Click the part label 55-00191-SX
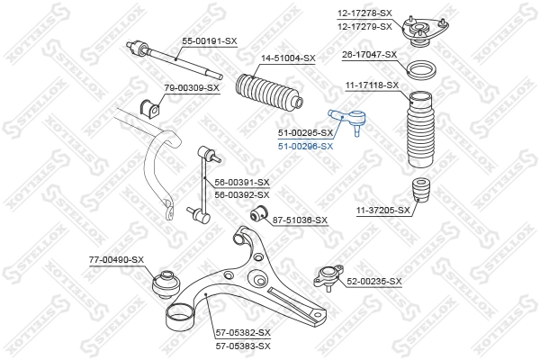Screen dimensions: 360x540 click(210, 41)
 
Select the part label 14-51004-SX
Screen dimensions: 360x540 click(288, 58)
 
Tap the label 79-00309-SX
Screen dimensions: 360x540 click(192, 87)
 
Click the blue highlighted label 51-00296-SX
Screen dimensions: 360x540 click(305, 146)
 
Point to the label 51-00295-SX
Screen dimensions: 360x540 click(305, 133)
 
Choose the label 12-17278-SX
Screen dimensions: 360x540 click(365, 13)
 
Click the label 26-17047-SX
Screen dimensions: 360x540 click(369, 55)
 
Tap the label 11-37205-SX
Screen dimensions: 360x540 click(382, 210)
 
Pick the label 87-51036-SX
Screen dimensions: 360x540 click(300, 220)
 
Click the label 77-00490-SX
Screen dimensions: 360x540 click(116, 260)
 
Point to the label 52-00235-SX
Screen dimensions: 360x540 click(373, 282)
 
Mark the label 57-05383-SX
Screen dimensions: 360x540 click(242, 345)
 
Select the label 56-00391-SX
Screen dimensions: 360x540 click(242, 182)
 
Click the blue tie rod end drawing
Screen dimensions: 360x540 click(347, 117)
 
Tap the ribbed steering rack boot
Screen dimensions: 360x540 click(266, 95)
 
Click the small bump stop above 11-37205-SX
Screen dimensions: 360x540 click(419, 194)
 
